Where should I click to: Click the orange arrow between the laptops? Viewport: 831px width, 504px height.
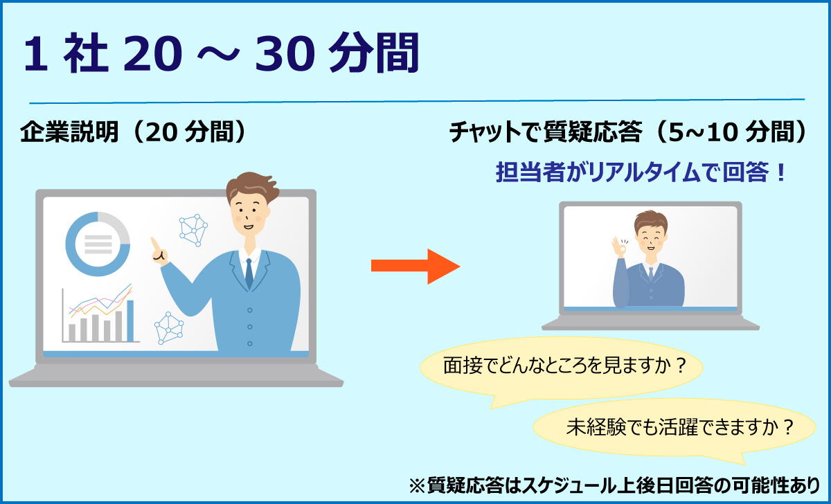click(415, 267)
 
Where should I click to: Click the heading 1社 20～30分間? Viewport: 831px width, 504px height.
click(222, 53)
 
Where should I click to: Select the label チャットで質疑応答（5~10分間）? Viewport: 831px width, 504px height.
click(627, 132)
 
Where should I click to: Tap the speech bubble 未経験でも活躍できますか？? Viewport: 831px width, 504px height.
click(674, 430)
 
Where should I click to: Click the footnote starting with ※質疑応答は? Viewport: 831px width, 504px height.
click(614, 485)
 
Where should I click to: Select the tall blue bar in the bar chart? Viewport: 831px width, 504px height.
click(130, 321)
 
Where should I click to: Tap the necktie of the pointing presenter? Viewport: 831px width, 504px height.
click(249, 273)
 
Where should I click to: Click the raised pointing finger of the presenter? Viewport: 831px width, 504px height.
click(155, 245)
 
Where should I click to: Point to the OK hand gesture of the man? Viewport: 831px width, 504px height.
click(619, 246)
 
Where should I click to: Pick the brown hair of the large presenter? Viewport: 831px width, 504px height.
click(252, 188)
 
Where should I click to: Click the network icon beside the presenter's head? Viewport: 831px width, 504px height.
click(193, 230)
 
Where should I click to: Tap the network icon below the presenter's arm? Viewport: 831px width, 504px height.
click(169, 328)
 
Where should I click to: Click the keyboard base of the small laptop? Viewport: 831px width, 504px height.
click(650, 323)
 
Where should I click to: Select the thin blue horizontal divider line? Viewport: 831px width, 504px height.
click(417, 101)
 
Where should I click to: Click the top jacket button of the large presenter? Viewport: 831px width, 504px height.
click(250, 310)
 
